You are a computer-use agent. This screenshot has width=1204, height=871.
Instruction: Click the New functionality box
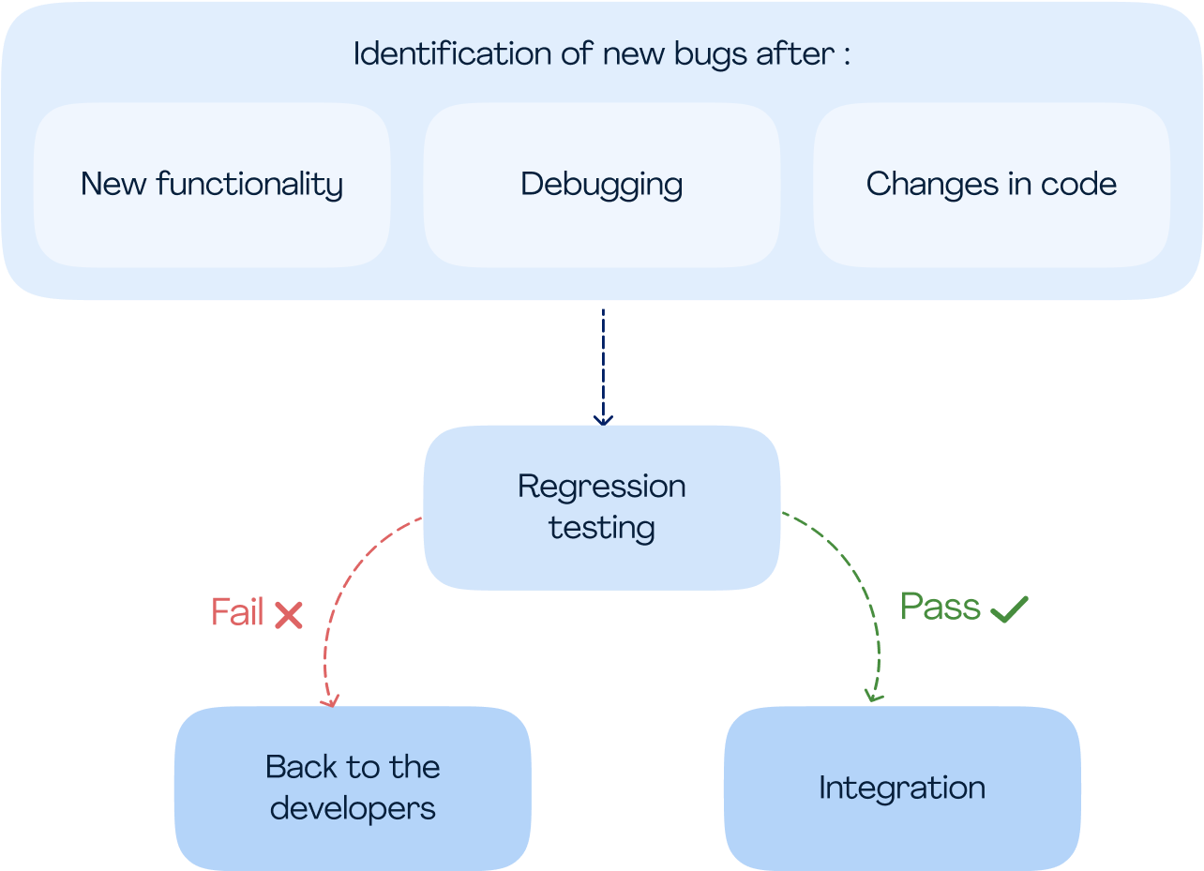coord(212,185)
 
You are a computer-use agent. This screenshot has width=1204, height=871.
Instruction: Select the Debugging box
coord(601,185)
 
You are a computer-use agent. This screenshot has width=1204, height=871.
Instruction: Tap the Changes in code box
coord(992,185)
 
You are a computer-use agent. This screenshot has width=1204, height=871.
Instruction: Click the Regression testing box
coord(601,508)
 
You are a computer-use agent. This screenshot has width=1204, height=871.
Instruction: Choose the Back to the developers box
coord(353,788)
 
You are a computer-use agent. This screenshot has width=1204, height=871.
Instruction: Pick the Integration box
coord(902,788)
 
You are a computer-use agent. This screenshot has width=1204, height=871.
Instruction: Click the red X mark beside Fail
coord(289,615)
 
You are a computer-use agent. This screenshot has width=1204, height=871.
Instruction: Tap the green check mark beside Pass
coord(1009,608)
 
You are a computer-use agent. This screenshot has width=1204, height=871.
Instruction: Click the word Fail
coord(237,611)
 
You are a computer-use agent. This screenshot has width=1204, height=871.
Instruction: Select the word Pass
coord(941,606)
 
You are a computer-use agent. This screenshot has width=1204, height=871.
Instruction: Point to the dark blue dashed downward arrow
coord(603,367)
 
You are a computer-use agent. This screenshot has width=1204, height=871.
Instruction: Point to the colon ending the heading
coord(847,56)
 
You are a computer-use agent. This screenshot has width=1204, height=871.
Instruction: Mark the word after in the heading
coord(795,53)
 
